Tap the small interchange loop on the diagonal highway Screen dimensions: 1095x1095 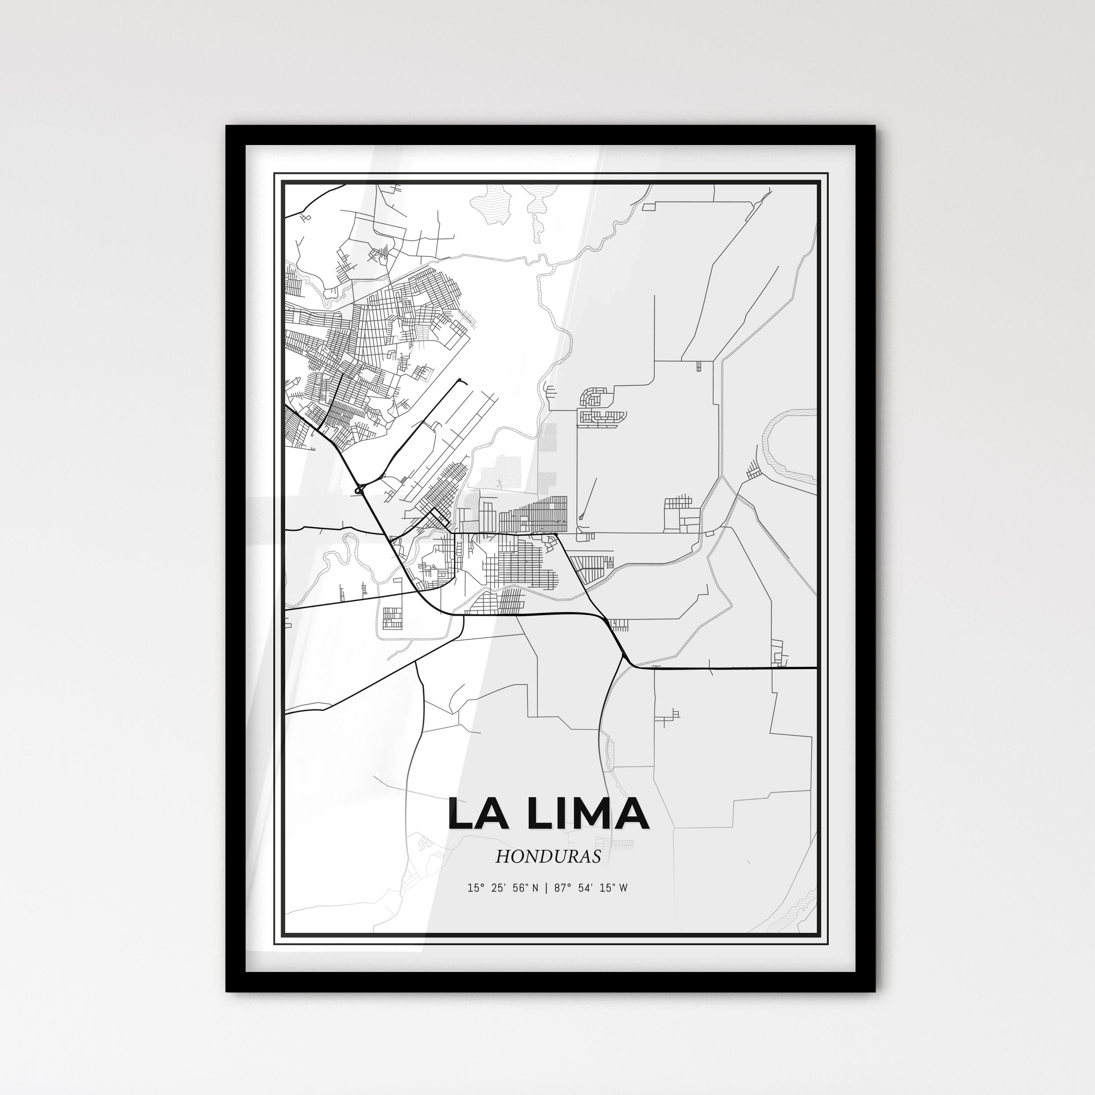pyautogui.click(x=358, y=489)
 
